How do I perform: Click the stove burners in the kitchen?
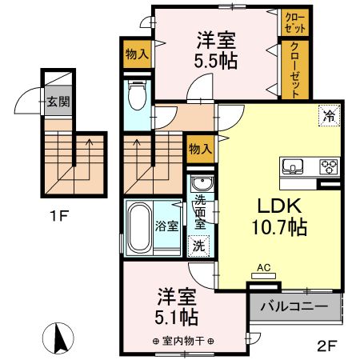(328, 167)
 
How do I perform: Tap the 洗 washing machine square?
(197, 246)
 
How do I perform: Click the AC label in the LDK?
(262, 270)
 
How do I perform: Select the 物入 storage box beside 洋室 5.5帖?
(136, 54)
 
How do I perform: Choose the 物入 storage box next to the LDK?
(200, 148)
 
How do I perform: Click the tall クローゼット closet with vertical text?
(295, 69)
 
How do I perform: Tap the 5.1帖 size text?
(177, 318)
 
